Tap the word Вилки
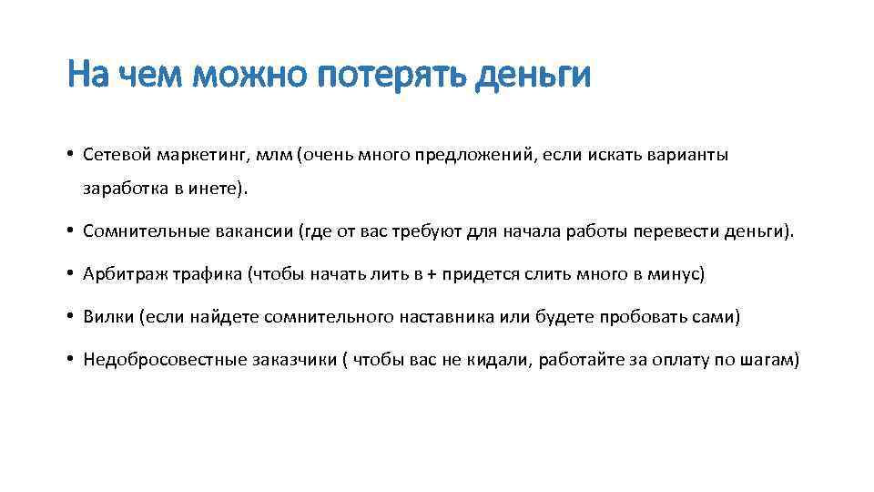(106, 316)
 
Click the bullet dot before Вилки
(70, 316)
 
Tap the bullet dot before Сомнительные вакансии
(70, 231)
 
